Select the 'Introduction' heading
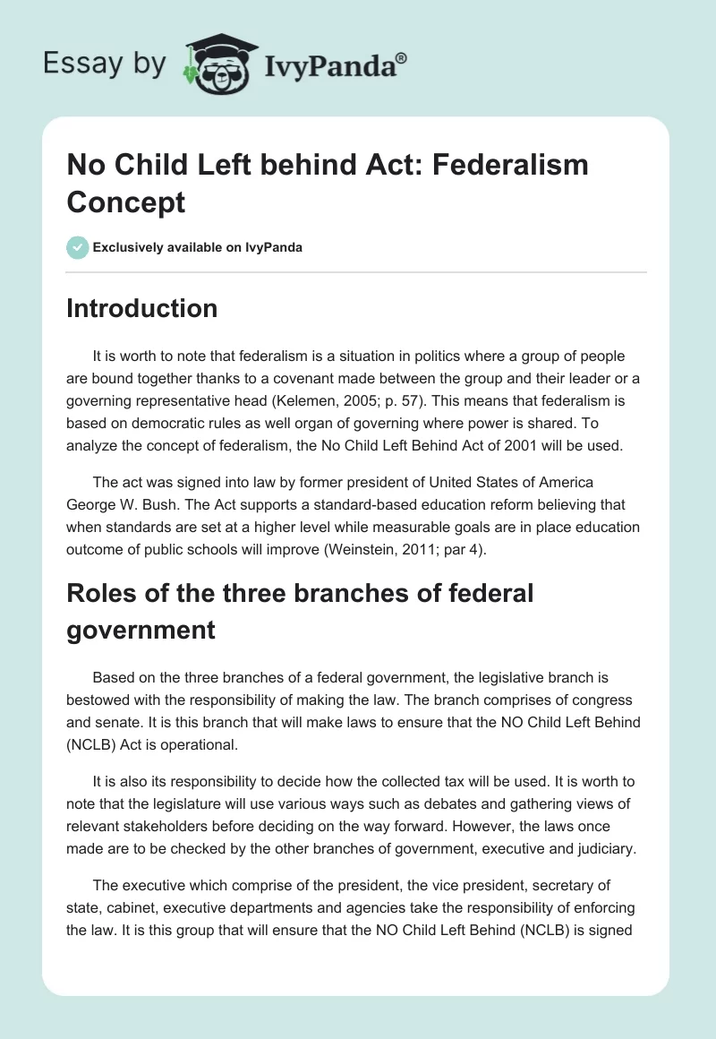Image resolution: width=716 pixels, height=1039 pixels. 142,308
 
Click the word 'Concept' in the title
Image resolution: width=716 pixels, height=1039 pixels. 126,202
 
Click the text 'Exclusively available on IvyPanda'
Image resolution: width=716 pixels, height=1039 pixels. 197,247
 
